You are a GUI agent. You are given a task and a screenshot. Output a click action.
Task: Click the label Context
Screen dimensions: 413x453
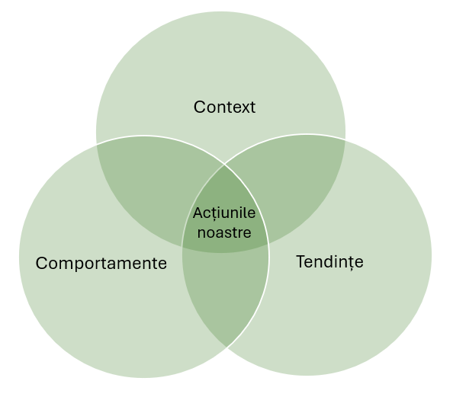[224, 107]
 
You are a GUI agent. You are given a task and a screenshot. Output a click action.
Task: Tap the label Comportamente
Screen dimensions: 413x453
[101, 264]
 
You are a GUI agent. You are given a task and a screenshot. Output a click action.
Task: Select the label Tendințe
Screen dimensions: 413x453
[329, 262]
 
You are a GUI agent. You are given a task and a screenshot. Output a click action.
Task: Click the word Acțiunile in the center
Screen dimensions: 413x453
[224, 213]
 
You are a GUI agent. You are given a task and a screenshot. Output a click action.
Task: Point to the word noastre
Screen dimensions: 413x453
[224, 232]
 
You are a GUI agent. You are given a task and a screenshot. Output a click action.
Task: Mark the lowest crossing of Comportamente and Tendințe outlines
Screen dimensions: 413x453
[226, 347]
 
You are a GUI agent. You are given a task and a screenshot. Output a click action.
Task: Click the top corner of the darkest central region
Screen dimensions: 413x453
[224, 163]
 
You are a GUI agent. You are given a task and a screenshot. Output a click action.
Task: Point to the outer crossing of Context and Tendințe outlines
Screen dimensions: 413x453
[345, 141]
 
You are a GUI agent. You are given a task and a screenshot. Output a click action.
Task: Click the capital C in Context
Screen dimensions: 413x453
[199, 107]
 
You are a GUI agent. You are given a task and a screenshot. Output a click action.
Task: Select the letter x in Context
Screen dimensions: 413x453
[243, 107]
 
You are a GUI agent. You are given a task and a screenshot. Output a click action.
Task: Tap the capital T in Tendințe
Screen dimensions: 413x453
[300, 261]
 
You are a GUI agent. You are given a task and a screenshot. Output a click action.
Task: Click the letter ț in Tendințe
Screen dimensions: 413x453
[349, 263]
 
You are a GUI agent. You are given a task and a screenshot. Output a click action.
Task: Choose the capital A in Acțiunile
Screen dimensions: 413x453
[198, 213]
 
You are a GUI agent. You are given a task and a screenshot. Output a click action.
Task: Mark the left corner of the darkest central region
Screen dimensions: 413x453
[183, 245]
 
